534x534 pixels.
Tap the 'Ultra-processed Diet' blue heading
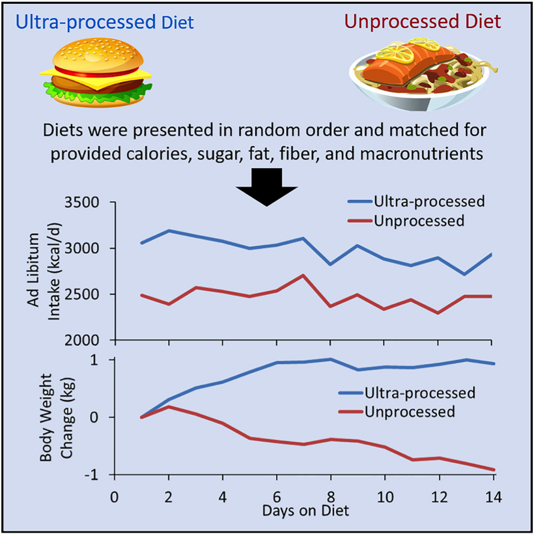105,23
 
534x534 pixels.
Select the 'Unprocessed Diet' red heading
423,21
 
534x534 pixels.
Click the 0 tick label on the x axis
114,495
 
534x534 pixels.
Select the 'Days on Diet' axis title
305,511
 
